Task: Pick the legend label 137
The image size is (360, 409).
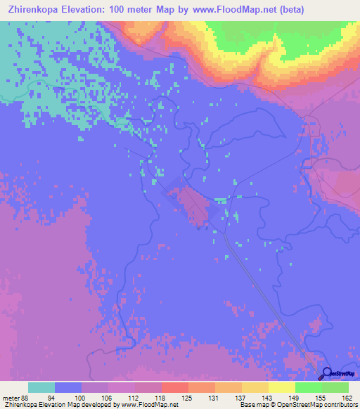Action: (x=242, y=397)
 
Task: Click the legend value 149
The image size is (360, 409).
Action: (x=295, y=397)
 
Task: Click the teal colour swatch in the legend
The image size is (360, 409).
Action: (x=41, y=387)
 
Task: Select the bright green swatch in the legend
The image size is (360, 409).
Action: (x=309, y=387)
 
